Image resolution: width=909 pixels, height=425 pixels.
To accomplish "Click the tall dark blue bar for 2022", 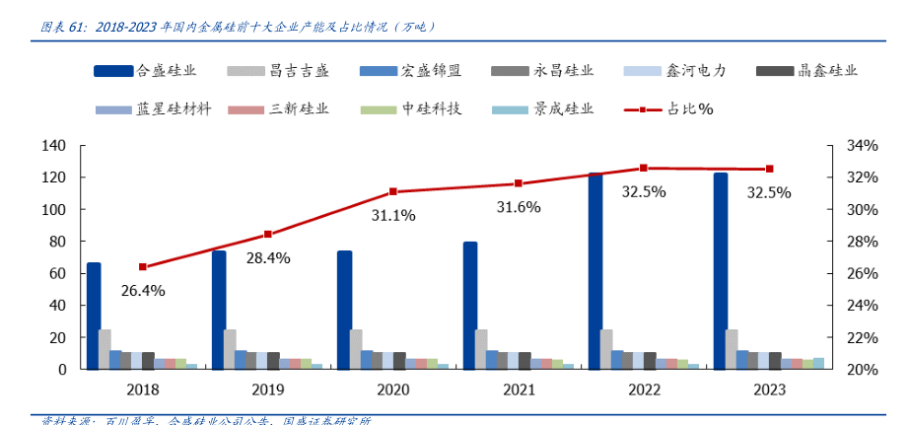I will (x=595, y=271).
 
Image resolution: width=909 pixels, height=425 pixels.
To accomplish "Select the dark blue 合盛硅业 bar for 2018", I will (x=94, y=316).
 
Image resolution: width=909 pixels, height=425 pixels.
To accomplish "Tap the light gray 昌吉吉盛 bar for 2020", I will (x=355, y=349).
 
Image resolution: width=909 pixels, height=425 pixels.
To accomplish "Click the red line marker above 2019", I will (x=268, y=235).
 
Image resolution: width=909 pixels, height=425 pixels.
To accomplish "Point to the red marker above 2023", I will (x=770, y=169).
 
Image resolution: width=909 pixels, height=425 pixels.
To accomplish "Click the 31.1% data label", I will (x=392, y=214).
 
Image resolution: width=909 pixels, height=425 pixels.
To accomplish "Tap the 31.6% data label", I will (x=519, y=207).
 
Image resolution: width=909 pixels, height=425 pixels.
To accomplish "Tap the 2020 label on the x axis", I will (x=392, y=390).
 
